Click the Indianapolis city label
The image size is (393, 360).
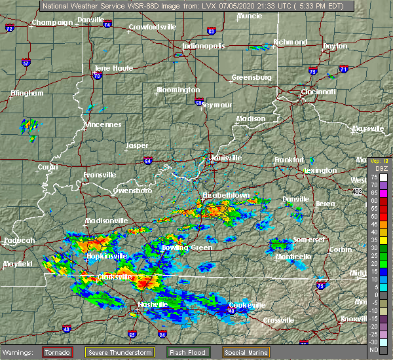[204, 46]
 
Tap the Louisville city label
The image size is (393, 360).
[226, 158]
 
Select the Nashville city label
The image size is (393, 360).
[153, 305]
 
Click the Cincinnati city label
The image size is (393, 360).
[318, 92]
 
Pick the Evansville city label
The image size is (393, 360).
[100, 175]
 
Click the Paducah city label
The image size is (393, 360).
[19, 240]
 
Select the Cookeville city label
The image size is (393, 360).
[246, 305]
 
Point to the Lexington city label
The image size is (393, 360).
[320, 171]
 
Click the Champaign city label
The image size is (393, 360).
[53, 22]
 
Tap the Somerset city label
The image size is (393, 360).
[309, 240]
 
